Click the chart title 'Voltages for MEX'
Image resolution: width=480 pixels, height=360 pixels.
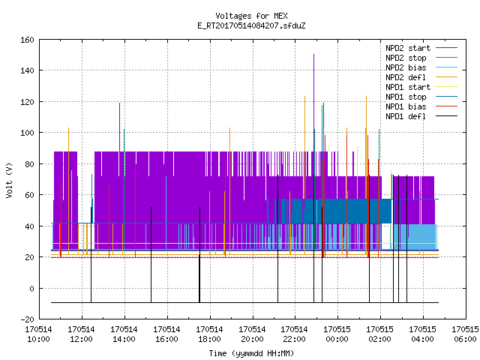click(251, 16)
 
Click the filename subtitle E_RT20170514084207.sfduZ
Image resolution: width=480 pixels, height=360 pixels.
click(251, 25)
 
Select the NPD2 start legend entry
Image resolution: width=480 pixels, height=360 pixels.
click(421, 48)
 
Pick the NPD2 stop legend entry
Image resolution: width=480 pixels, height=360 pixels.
click(421, 58)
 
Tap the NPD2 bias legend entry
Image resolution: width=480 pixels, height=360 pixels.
click(421, 67)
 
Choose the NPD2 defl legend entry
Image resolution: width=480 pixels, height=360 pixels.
click(421, 77)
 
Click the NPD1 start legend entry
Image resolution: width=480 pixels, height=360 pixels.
click(421, 87)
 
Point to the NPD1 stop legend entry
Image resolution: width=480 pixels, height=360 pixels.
click(421, 97)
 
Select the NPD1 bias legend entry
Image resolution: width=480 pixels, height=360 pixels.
click(421, 106)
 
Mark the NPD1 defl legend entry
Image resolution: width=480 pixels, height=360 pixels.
click(421, 117)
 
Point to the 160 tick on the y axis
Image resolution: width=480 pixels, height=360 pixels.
click(27, 40)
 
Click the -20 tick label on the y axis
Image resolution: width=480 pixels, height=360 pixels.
click(27, 319)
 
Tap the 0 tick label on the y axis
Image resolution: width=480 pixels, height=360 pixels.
click(31, 288)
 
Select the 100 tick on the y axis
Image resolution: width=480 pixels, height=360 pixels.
click(27, 133)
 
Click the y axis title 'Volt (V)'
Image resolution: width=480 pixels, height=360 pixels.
click(9, 181)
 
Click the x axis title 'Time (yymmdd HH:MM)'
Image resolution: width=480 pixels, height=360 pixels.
click(251, 353)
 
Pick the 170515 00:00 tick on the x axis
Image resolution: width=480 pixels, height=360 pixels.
click(337, 334)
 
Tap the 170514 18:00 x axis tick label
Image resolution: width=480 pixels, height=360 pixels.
click(209, 334)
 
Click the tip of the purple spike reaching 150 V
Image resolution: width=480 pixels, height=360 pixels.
click(313, 55)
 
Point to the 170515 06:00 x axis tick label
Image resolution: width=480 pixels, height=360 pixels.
click(465, 334)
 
